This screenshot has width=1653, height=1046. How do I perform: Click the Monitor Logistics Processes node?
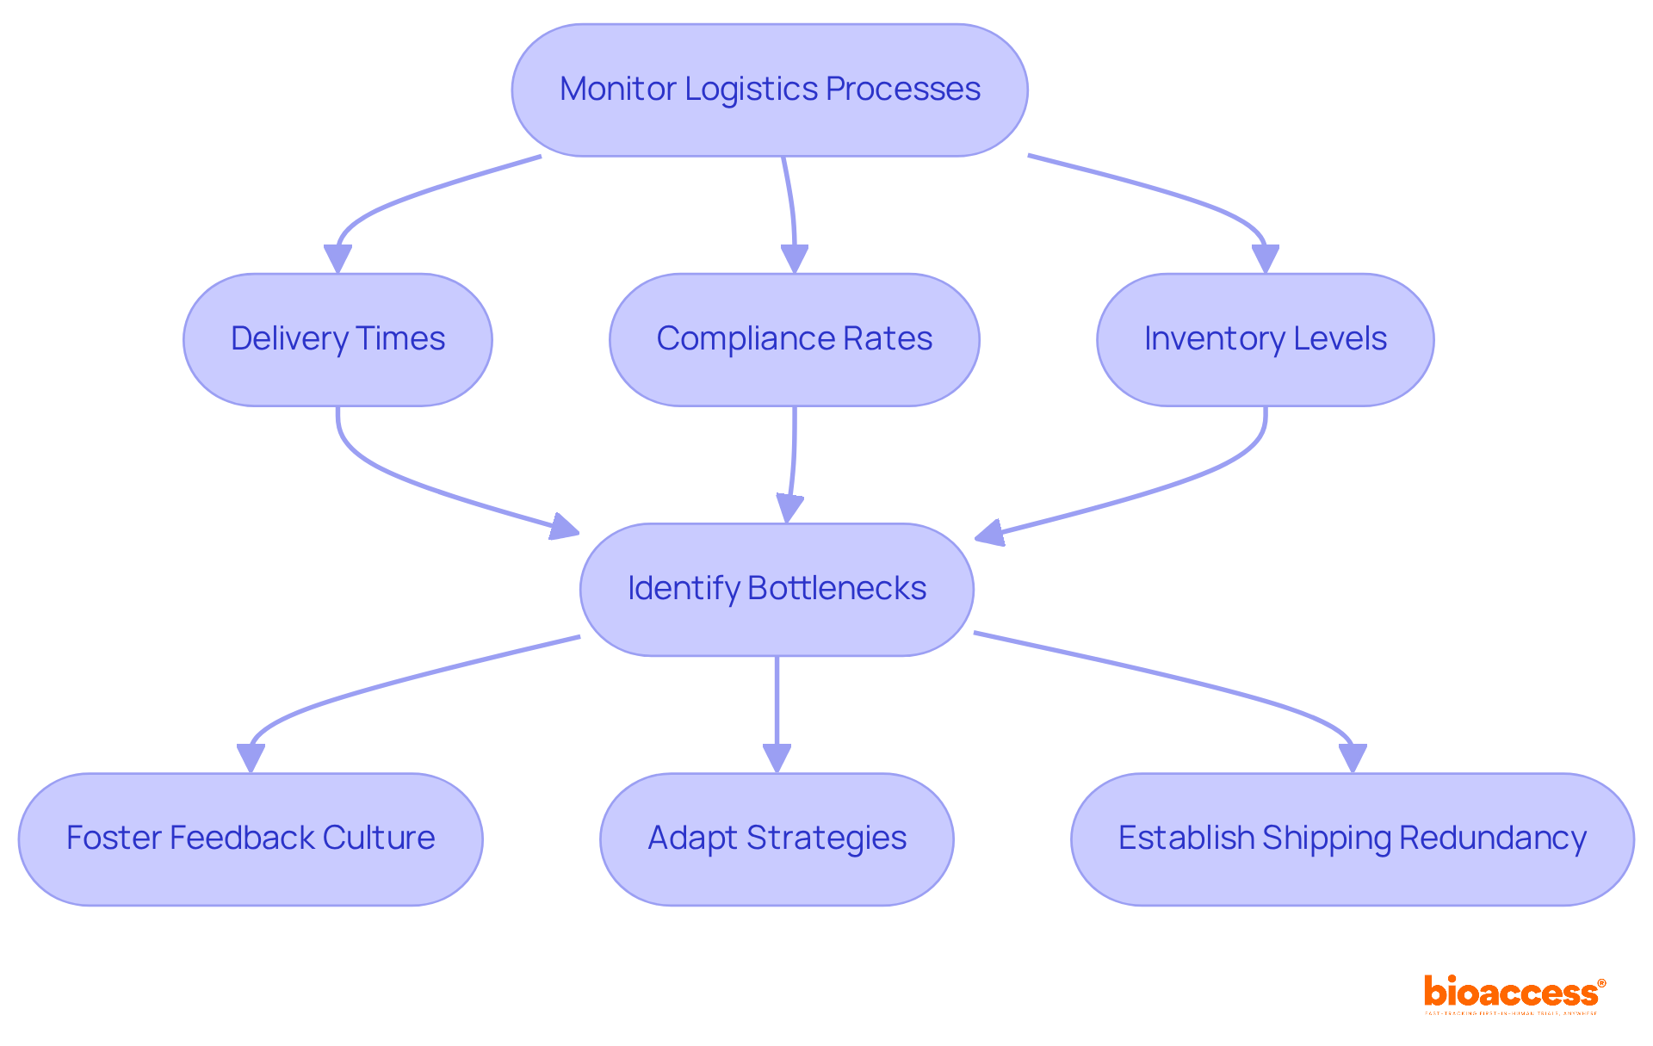tap(769, 90)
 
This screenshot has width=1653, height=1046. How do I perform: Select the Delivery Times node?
tap(337, 339)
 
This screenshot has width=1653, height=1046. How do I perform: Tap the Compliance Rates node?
tap(794, 339)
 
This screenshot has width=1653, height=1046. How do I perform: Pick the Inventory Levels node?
tap(1265, 339)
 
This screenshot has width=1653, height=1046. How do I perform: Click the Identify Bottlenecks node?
tap(777, 589)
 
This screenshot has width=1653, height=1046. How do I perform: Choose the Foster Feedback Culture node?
tap(251, 839)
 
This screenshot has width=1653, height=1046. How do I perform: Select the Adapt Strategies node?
tap(777, 839)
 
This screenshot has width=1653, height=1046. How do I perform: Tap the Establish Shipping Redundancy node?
tap(1352, 839)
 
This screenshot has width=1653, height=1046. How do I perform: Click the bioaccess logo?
tap(1514, 993)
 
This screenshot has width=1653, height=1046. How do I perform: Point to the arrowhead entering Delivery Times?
tap(337, 258)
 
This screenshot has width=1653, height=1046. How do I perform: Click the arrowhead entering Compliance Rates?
tap(794, 258)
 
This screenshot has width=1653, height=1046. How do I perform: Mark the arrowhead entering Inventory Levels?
tap(1265, 258)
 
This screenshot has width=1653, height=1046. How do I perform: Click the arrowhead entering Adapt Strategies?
tap(777, 758)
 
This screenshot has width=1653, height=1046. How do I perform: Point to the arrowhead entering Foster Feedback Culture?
tap(251, 758)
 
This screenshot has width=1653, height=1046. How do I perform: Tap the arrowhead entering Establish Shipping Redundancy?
tap(1352, 758)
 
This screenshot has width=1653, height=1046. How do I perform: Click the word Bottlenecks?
tap(836, 589)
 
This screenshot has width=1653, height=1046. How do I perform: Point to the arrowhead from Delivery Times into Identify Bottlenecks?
tap(564, 527)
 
